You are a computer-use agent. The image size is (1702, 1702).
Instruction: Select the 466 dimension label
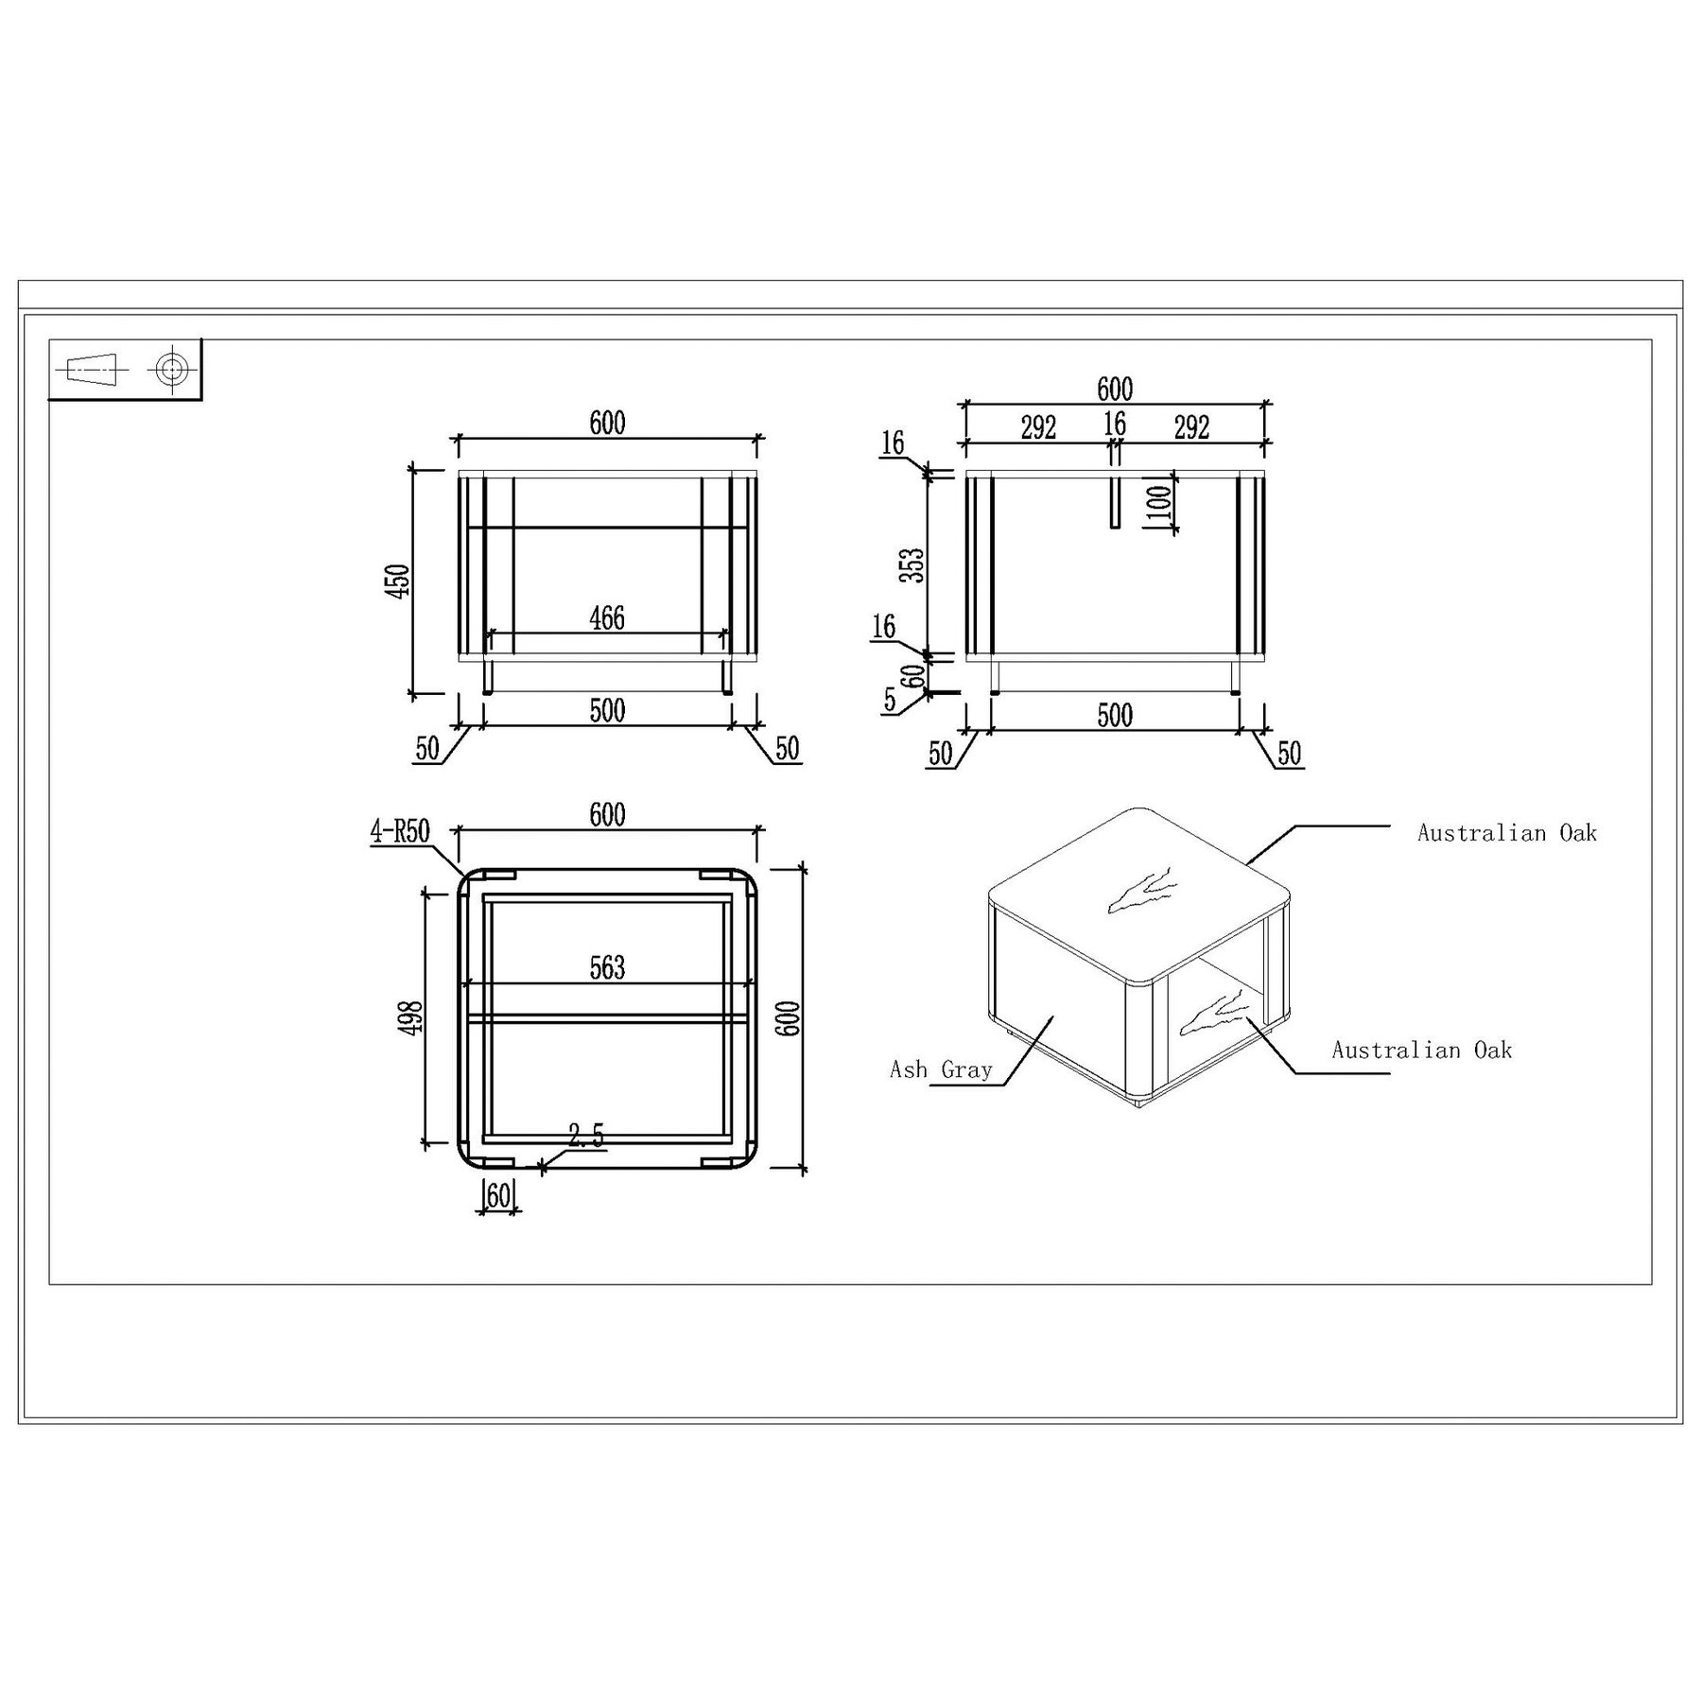point(607,617)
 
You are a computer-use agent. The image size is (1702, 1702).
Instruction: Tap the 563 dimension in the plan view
point(607,967)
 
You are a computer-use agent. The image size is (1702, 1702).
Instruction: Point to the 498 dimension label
point(412,1018)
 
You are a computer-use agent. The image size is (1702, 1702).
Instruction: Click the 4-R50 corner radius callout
point(400,832)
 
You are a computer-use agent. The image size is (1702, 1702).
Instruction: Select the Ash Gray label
point(941,1069)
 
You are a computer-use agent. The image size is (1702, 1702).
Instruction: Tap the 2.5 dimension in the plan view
point(586,1136)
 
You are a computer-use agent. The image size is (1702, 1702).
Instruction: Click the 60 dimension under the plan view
point(498,1195)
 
